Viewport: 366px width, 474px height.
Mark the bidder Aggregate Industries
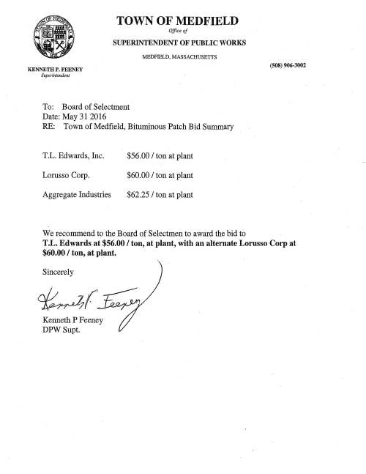click(x=77, y=196)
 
